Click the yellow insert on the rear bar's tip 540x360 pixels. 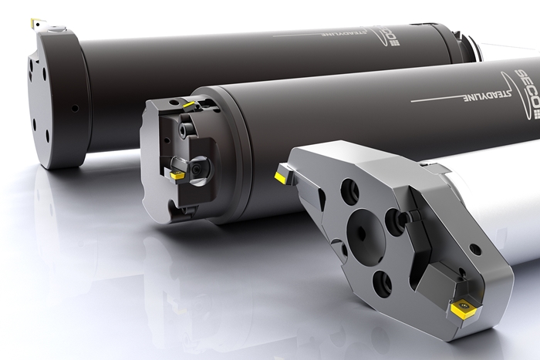click(35, 23)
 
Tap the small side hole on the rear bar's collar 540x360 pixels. click(75, 108)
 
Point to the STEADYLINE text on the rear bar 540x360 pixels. click(340, 34)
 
